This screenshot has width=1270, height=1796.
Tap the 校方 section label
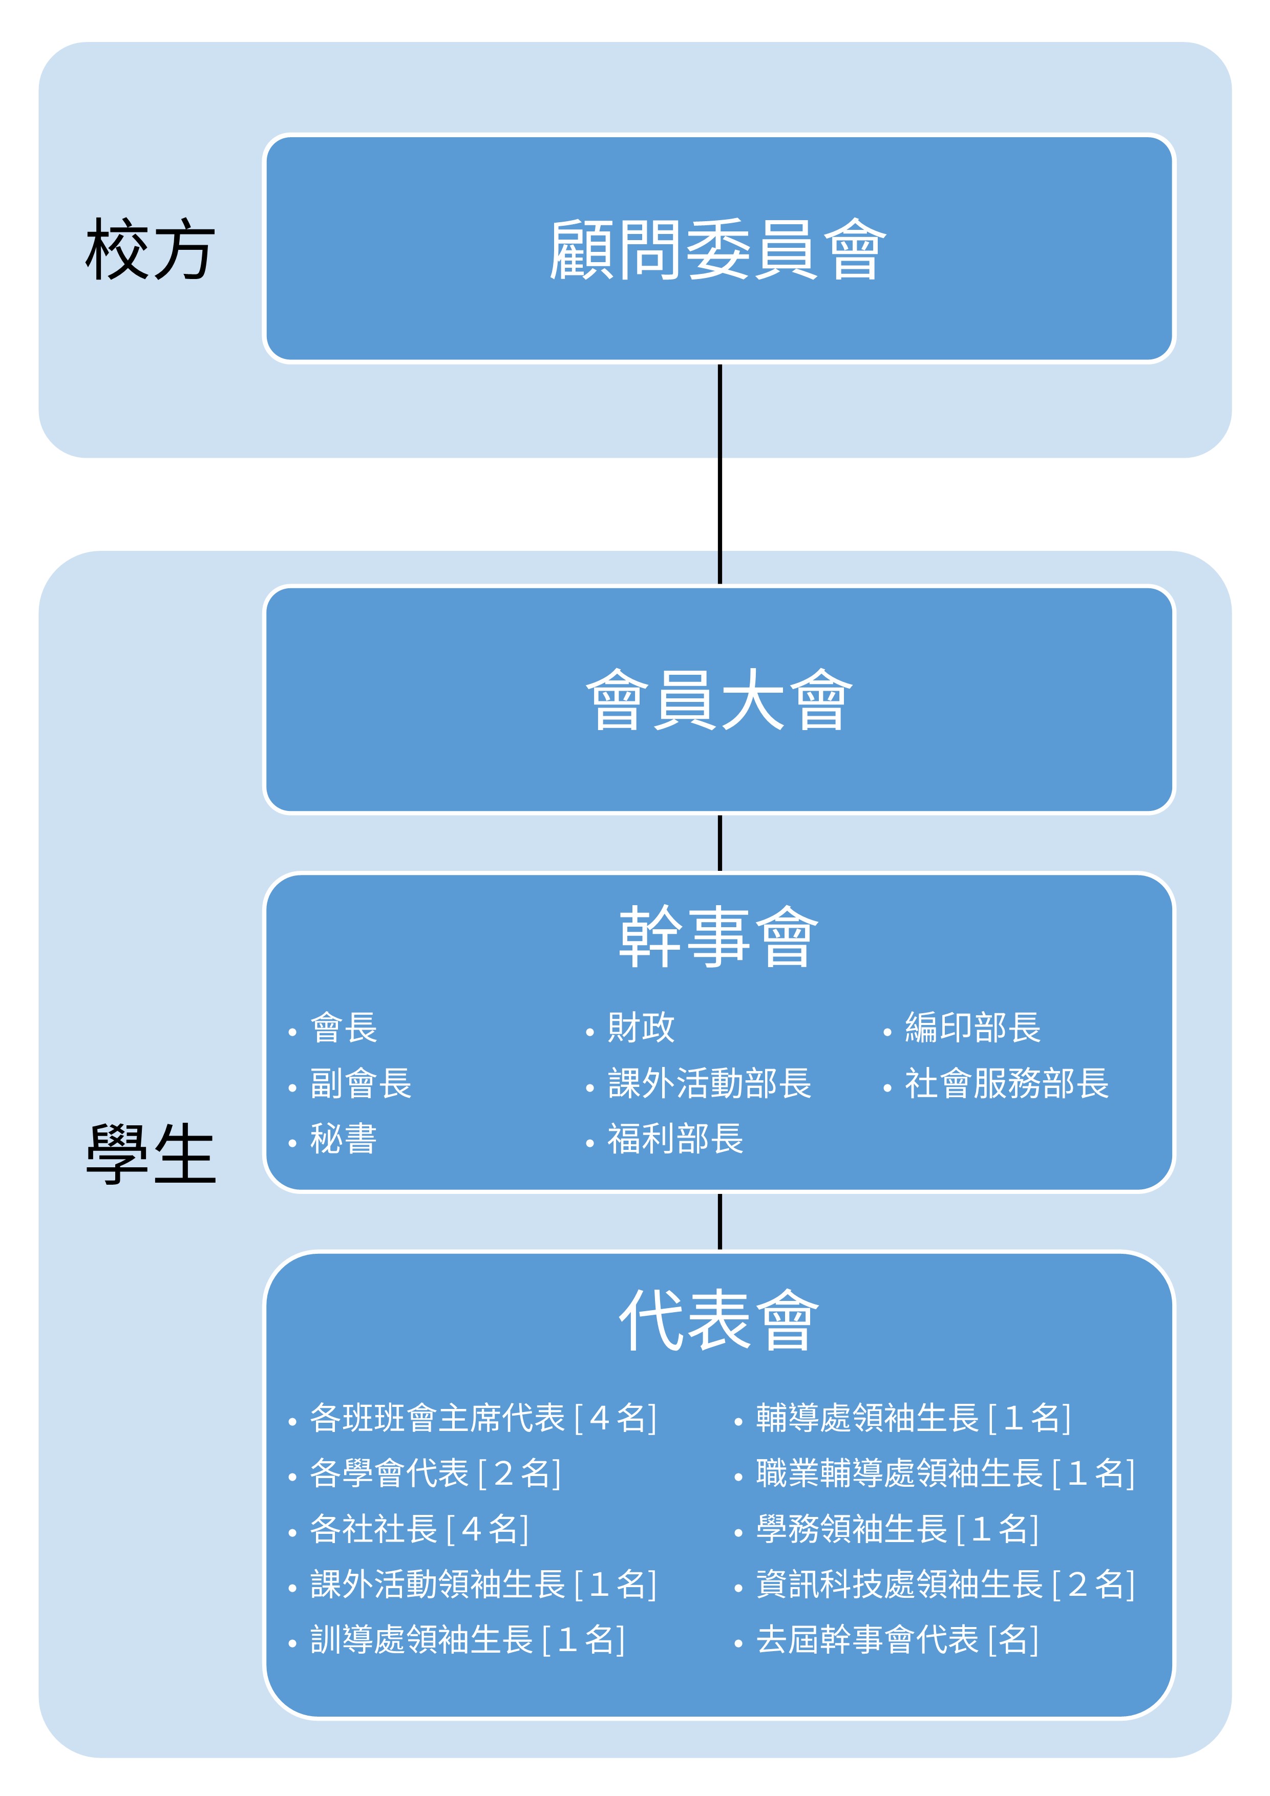pyautogui.click(x=150, y=249)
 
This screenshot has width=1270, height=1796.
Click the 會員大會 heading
pyautogui.click(x=718, y=699)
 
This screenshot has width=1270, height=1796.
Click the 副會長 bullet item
pyautogui.click(x=361, y=1083)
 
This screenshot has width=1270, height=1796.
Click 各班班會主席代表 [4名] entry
pyautogui.click(x=483, y=1418)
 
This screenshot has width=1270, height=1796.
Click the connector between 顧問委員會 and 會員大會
pyautogui.click(x=720, y=474)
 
